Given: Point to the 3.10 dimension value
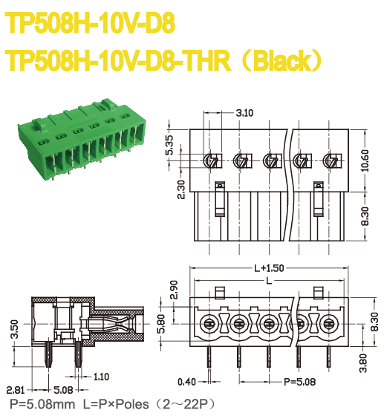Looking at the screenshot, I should pos(244,113).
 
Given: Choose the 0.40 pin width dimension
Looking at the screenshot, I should pos(188,383).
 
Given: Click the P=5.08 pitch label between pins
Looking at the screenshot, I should pos(301,383).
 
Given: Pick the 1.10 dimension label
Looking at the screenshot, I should pos(102,377).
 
